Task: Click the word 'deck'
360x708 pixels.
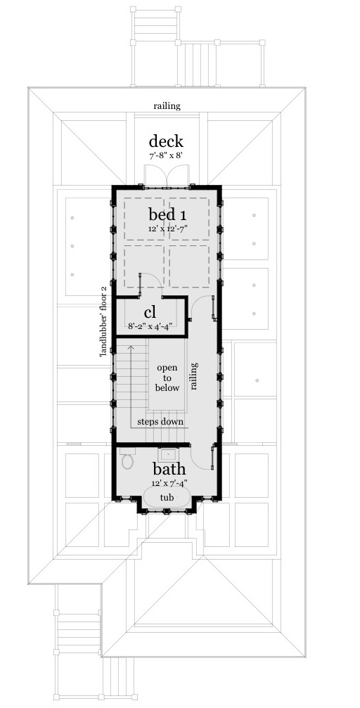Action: pos(167,141)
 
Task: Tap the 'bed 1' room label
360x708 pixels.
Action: pos(167,214)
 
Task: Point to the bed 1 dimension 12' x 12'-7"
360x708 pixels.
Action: pos(167,229)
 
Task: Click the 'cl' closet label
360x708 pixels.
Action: pos(150,311)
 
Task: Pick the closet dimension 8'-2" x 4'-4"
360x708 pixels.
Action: pos(150,326)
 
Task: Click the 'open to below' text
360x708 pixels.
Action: pos(167,378)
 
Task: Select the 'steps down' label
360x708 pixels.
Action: pos(160,422)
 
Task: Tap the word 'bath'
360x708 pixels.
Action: pos(169,468)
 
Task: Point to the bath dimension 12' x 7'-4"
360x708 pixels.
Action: pos(169,483)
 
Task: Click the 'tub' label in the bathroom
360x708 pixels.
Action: pos(167,497)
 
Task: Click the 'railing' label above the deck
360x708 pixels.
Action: pos(167,106)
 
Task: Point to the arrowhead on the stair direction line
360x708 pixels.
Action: pos(131,347)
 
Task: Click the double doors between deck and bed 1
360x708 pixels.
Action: pos(167,176)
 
